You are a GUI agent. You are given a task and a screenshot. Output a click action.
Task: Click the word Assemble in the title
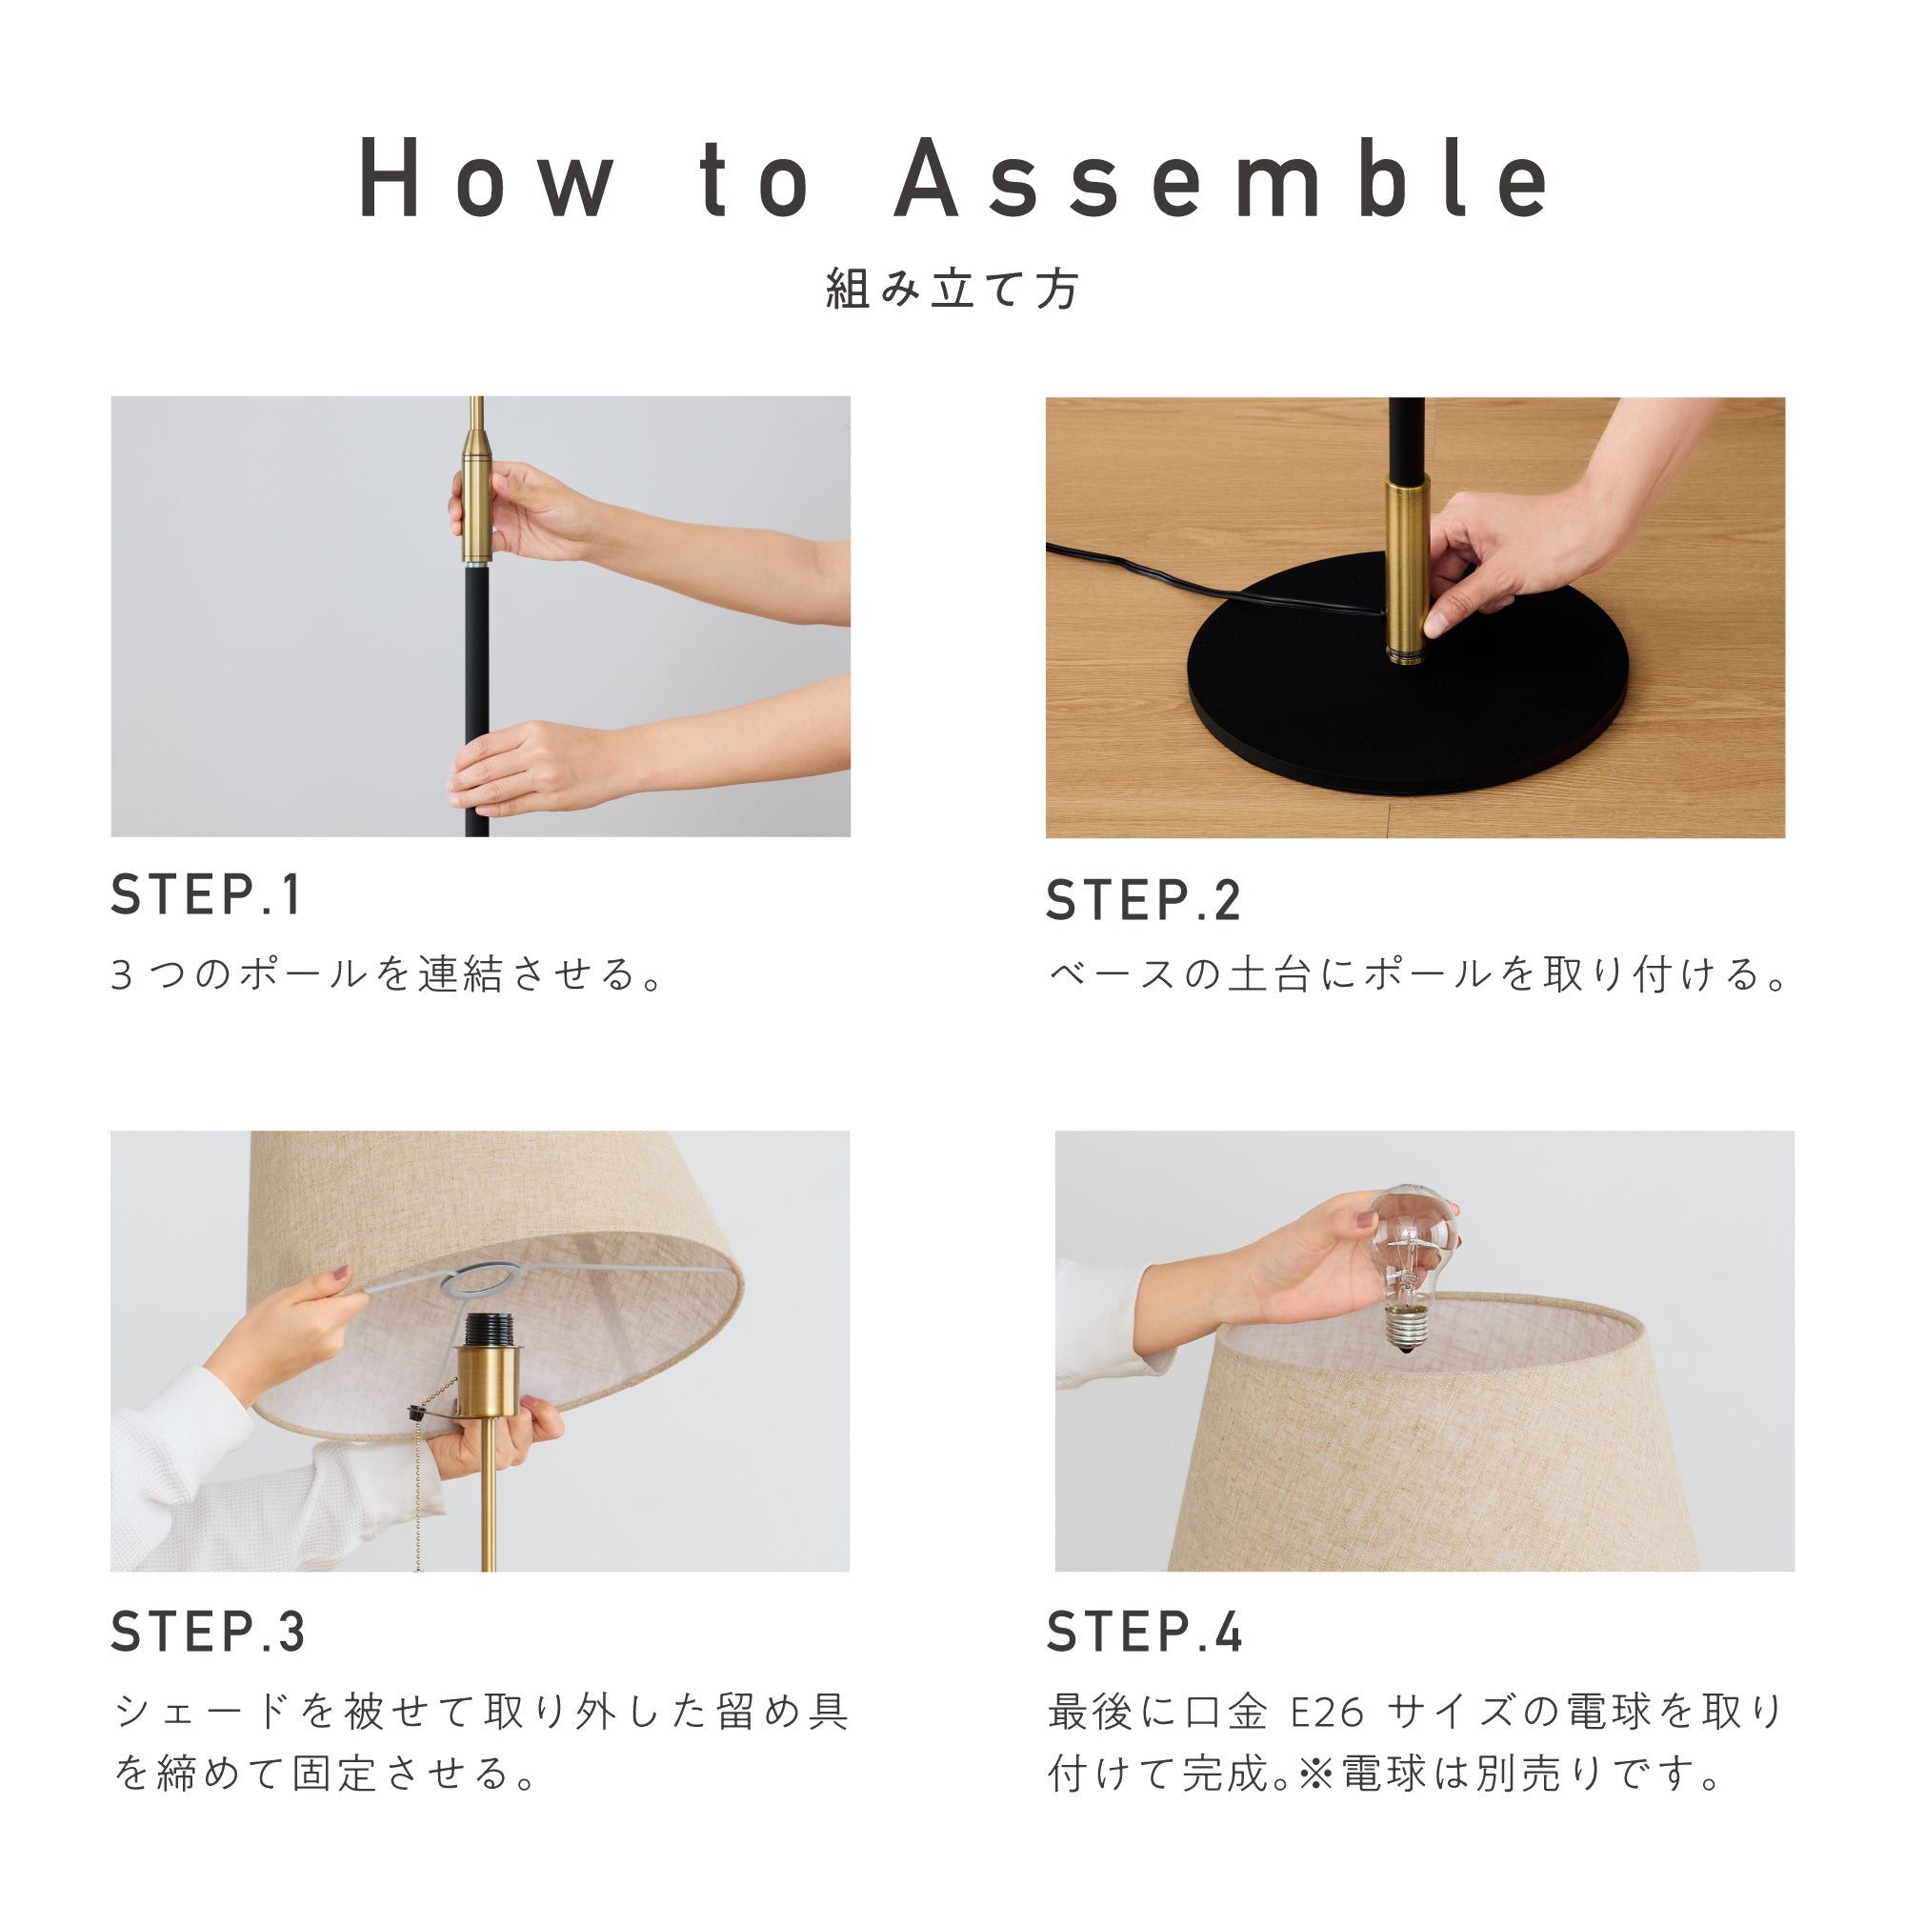click(x=1222, y=177)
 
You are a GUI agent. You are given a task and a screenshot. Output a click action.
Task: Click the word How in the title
click(x=486, y=178)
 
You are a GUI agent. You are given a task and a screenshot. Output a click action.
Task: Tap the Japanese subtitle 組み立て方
click(x=952, y=289)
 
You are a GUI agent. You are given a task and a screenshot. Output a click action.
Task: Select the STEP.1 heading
click(x=205, y=894)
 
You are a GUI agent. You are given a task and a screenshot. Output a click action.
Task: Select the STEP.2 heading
click(x=1143, y=900)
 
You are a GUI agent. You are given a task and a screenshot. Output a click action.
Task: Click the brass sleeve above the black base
click(x=1405, y=569)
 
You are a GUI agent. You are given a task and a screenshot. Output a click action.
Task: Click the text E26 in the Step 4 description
click(x=1328, y=1713)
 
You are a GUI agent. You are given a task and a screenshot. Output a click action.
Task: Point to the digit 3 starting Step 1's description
click(x=121, y=975)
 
